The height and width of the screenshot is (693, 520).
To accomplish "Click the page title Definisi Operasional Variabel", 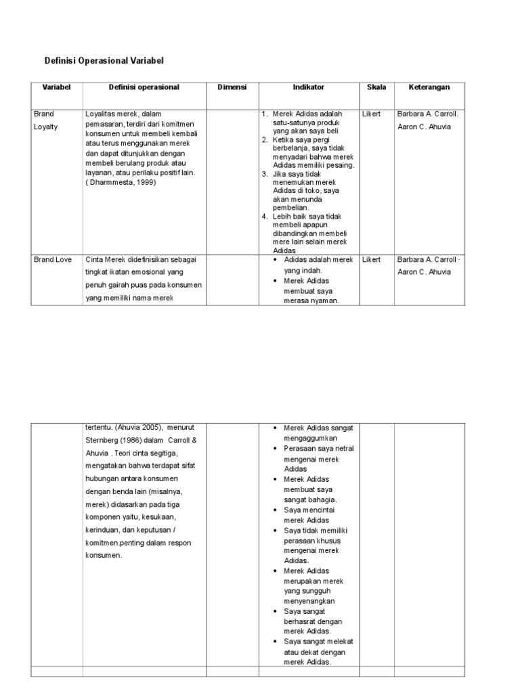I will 104,61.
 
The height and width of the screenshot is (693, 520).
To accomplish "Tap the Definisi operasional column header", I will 144,87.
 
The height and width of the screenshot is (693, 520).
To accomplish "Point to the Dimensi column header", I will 232,87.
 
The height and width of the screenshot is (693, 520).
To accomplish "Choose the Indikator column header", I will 308,87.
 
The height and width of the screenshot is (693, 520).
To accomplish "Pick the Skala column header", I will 376,87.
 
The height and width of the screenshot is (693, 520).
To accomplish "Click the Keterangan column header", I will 429,87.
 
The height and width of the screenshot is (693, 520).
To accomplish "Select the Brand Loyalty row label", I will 46,120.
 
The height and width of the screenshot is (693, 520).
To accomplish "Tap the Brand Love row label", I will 53,259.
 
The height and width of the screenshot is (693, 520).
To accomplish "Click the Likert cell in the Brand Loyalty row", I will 371,114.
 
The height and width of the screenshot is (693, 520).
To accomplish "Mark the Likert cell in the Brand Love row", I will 371,259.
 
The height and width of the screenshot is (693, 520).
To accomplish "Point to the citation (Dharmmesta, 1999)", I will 121,182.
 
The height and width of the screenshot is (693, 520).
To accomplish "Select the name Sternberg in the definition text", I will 102,440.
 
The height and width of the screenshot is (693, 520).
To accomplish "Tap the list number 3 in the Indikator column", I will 265,174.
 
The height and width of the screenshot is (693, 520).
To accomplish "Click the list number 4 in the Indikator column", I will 265,217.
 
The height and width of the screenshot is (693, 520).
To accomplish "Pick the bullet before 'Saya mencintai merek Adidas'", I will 276,510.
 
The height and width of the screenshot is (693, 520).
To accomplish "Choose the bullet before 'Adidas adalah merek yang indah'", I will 276,260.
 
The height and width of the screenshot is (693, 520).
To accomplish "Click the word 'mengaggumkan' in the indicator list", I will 310,438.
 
